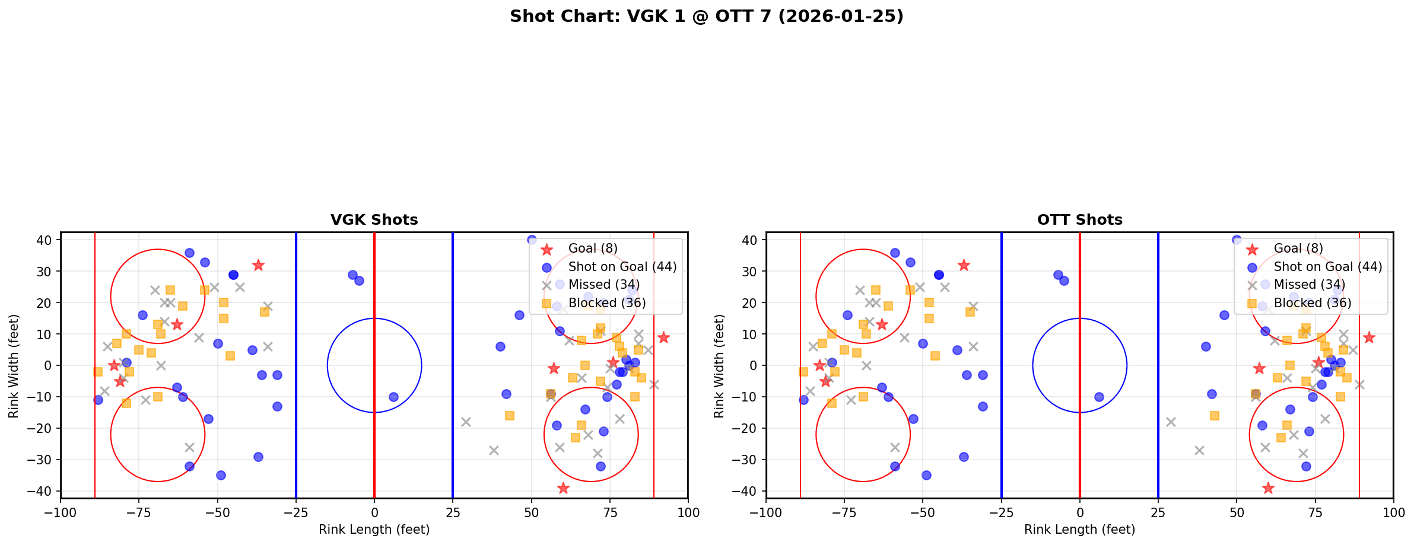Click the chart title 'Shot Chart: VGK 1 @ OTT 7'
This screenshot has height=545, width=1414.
point(706,17)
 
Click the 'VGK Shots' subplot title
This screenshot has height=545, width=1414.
point(374,220)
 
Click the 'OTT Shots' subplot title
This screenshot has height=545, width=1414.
point(1079,220)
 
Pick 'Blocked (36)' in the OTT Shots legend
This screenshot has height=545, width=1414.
point(1313,303)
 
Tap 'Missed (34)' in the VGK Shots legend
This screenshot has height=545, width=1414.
point(603,285)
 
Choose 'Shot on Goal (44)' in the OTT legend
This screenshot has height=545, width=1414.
point(1328,267)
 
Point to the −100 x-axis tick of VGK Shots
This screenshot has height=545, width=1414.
point(61,512)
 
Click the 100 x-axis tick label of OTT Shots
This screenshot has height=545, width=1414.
point(1393,512)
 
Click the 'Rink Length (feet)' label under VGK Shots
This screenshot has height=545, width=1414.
point(374,530)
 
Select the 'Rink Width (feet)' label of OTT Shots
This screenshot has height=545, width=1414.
point(719,366)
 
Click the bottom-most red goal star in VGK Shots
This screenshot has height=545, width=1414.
point(563,488)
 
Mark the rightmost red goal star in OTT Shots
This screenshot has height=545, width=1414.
point(1369,337)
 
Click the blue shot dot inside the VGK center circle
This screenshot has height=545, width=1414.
point(393,397)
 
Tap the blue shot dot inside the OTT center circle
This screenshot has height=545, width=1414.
point(1099,397)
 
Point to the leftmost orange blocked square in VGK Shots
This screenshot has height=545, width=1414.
point(98,372)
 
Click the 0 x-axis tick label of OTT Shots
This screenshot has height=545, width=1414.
point(1080,512)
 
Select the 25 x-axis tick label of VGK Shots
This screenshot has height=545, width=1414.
point(453,512)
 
